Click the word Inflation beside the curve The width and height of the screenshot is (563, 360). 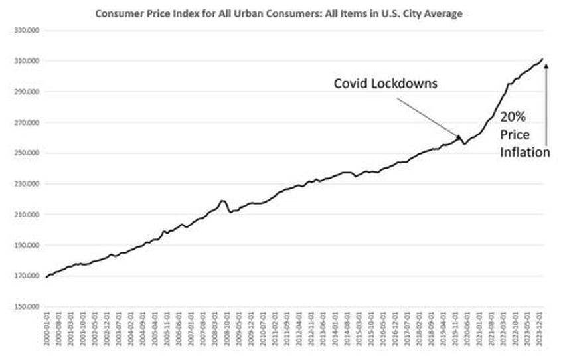click(525, 152)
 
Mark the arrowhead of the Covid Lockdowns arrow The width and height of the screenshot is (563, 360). click(460, 137)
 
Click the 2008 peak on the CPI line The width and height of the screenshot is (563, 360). click(222, 200)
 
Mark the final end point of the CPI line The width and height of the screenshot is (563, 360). click(542, 59)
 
